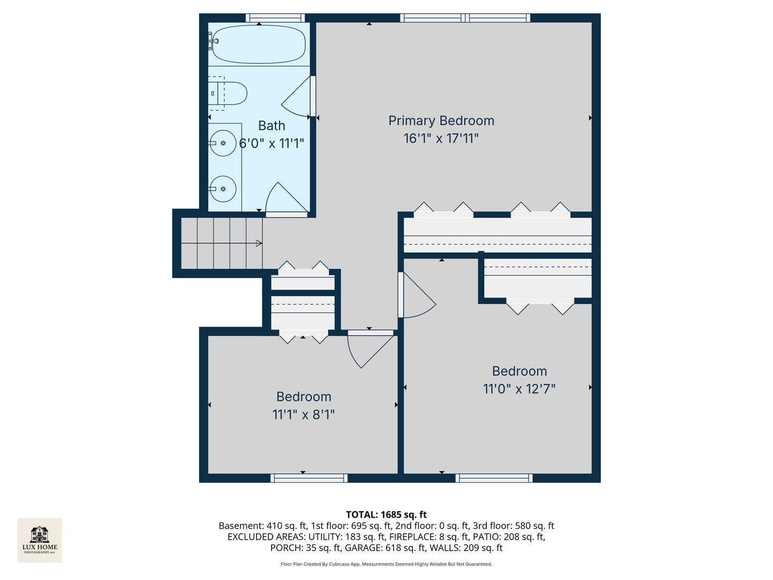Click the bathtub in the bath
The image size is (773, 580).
tap(259, 45)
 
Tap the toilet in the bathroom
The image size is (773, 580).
tap(231, 93)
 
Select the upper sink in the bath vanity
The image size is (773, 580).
tap(222, 143)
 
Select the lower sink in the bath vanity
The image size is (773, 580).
tap(222, 189)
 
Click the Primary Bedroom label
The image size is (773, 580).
tap(441, 121)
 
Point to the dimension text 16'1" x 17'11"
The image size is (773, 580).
tap(441, 139)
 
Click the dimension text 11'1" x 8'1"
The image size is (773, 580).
tap(303, 415)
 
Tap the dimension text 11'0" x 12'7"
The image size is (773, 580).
tap(519, 389)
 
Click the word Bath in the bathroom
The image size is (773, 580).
tap(272, 126)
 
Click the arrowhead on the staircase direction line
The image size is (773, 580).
tap(259, 243)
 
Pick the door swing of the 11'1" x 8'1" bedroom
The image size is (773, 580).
tap(368, 349)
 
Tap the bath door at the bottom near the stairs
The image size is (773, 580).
tap(286, 199)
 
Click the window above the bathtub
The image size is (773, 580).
tap(275, 18)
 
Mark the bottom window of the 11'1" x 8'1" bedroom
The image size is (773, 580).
tap(309, 478)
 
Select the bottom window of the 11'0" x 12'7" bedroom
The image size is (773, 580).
tap(494, 478)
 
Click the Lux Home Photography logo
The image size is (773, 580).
tap(40, 540)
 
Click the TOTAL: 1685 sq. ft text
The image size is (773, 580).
tap(386, 514)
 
